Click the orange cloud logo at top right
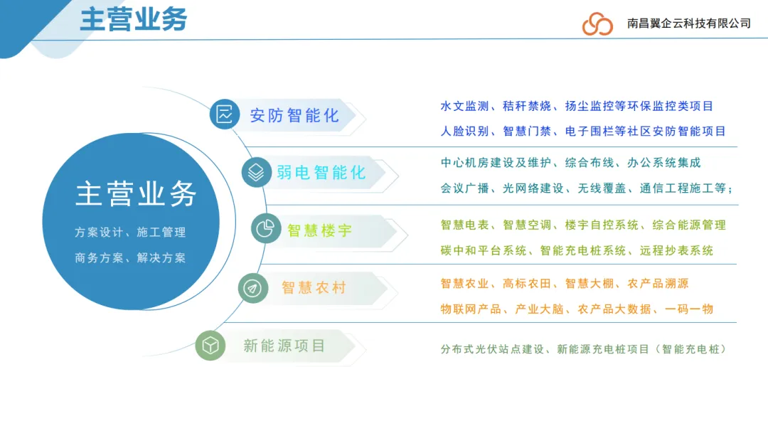click(597, 23)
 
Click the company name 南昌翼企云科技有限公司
click(689, 23)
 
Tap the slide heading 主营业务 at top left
click(133, 19)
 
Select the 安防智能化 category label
click(294, 115)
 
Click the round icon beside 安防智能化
click(225, 115)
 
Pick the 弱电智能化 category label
click(321, 172)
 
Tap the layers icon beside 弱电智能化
click(256, 172)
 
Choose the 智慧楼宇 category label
click(320, 230)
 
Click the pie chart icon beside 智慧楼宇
click(266, 229)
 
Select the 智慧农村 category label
click(314, 287)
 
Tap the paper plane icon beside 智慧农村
click(252, 287)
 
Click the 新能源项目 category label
click(284, 346)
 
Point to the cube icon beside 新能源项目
click(210, 346)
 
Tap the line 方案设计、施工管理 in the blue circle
click(130, 233)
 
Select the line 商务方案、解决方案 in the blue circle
click(130, 257)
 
